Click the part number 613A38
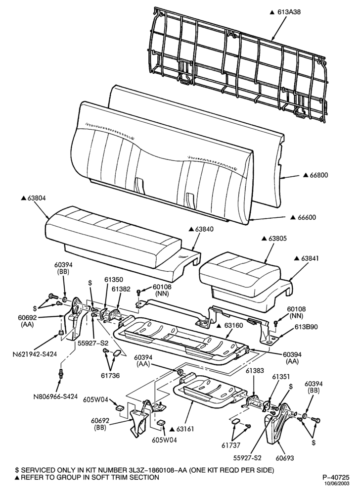[289, 12]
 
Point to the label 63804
[37, 198]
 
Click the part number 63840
[204, 229]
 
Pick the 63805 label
[278, 239]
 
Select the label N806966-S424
[56, 396]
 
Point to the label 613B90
[307, 327]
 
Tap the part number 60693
[285, 457]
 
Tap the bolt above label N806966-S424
[60, 374]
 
